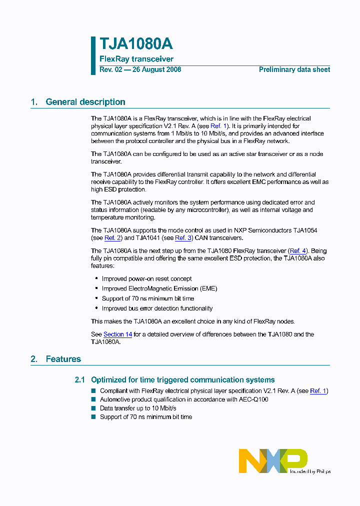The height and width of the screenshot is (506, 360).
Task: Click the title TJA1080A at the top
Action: point(136,44)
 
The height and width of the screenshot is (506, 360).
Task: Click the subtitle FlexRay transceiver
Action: point(136,59)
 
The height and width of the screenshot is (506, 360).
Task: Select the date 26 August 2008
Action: point(156,70)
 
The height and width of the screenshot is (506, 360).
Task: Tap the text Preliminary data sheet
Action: point(294,70)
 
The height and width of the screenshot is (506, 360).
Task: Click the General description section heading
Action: point(85,102)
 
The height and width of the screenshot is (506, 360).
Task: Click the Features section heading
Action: point(63,359)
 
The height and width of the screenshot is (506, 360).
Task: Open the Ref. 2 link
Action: point(112,238)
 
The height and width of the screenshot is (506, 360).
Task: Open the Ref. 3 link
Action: point(183,238)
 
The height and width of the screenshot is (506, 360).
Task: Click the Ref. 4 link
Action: point(298,250)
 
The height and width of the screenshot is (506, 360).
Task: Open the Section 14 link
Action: point(117,334)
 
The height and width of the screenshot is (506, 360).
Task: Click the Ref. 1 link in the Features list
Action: point(318,391)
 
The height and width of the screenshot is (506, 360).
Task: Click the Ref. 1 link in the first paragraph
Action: point(218,126)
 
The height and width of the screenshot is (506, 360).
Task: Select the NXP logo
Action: point(273,461)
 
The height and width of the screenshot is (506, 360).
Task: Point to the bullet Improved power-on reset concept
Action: point(146,279)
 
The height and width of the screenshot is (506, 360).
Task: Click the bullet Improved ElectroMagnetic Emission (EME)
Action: point(159,288)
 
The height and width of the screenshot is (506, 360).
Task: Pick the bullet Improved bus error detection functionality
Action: point(157,308)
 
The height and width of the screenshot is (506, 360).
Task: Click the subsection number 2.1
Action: point(80,380)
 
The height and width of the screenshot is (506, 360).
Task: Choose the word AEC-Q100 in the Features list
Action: point(253,399)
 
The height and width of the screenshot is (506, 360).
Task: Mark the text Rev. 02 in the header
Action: point(110,70)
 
